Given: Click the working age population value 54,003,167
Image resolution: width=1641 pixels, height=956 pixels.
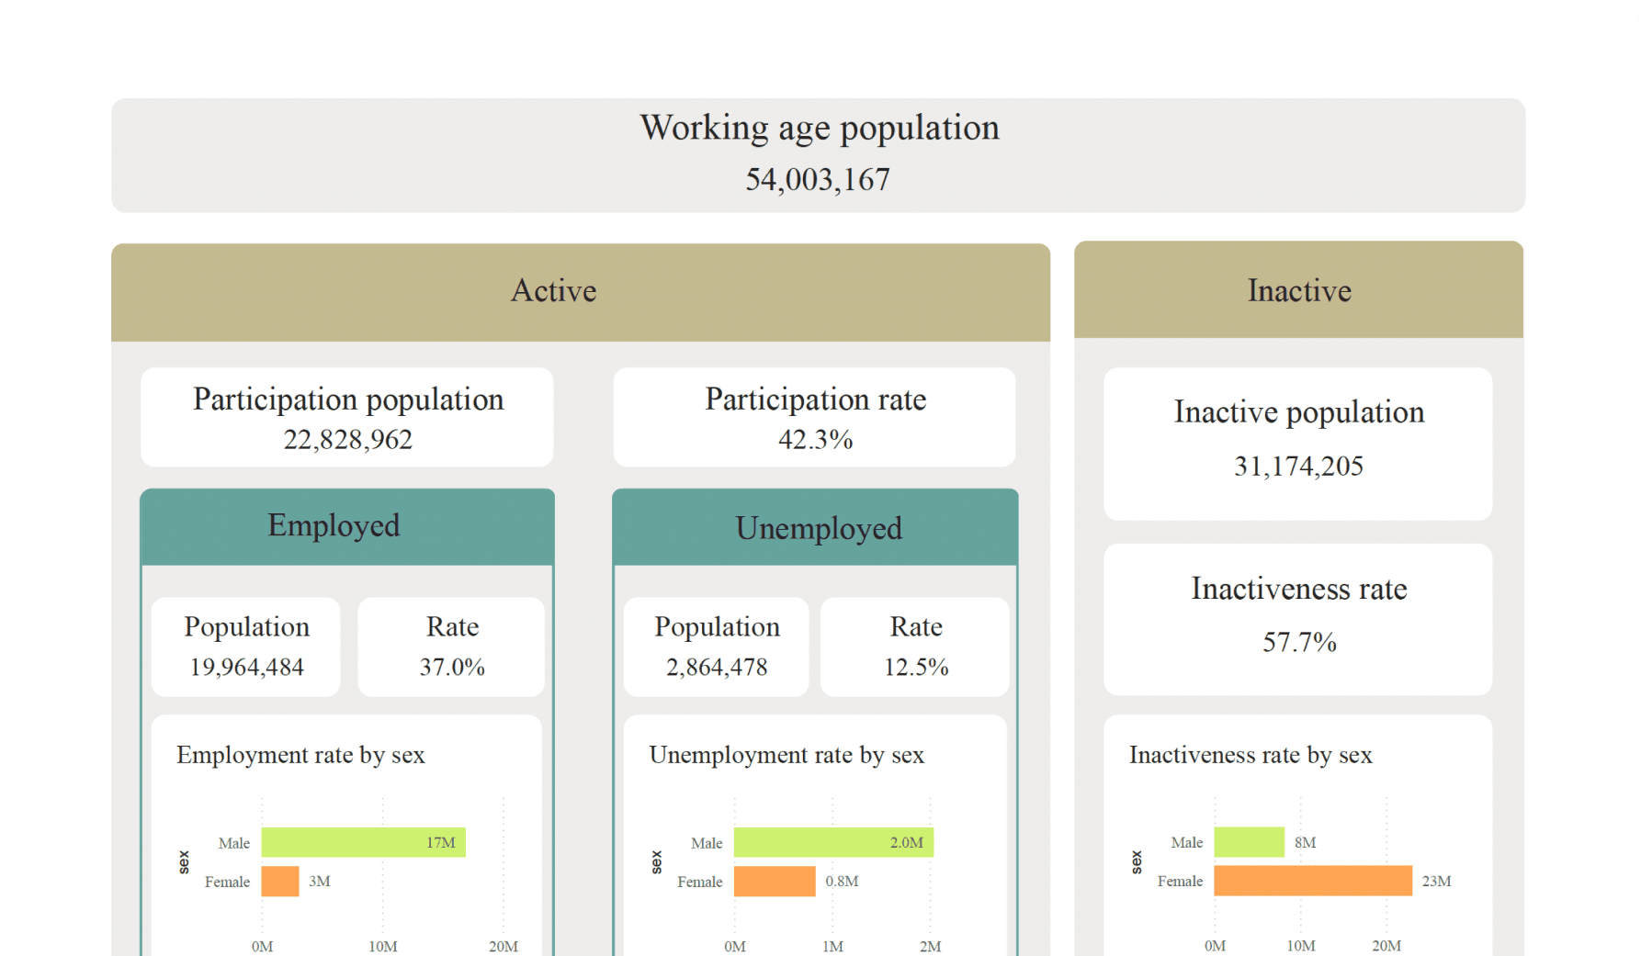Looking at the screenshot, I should pos(817,180).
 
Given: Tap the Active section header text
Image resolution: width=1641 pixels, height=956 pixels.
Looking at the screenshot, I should pos(553,291).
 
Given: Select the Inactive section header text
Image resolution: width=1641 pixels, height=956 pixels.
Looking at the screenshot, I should pos(1298,291).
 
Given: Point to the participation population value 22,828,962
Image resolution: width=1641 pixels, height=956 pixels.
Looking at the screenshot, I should pos(347,440).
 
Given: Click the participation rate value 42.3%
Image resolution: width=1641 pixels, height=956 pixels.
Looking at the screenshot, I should pos(815,440).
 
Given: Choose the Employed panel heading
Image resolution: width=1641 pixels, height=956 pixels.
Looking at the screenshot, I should pos(334,525).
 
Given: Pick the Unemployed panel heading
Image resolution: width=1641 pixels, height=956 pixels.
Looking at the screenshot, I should pos(818,528).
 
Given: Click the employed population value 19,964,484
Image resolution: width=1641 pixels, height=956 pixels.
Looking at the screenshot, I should pos(246,668).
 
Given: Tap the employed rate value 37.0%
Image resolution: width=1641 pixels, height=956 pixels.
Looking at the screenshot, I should pos(452,668).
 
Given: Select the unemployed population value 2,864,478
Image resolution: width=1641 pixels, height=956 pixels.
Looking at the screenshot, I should pos(717,668).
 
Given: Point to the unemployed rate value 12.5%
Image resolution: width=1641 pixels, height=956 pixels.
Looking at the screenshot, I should pos(916,668).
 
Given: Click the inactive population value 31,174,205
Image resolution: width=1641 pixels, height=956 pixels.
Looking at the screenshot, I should pos(1298,467).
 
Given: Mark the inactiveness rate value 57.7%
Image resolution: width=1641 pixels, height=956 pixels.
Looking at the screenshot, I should pos(1299,642).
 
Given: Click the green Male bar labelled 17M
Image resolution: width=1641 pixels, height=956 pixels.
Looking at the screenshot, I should pos(363,842).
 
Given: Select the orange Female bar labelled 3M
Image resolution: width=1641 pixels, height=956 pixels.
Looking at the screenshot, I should pos(280,882).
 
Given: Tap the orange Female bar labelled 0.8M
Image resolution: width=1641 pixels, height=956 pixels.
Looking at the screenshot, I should pos(775,882).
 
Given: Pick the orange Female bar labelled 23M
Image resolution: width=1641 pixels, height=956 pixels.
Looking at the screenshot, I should pos(1312,881).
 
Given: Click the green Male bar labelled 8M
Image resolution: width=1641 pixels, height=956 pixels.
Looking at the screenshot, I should pos(1249,842).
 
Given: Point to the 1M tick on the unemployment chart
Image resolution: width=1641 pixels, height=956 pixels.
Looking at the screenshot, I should pos(832,946).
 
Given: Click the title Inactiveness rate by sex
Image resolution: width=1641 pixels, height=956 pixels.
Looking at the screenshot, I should pos(1251,755).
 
